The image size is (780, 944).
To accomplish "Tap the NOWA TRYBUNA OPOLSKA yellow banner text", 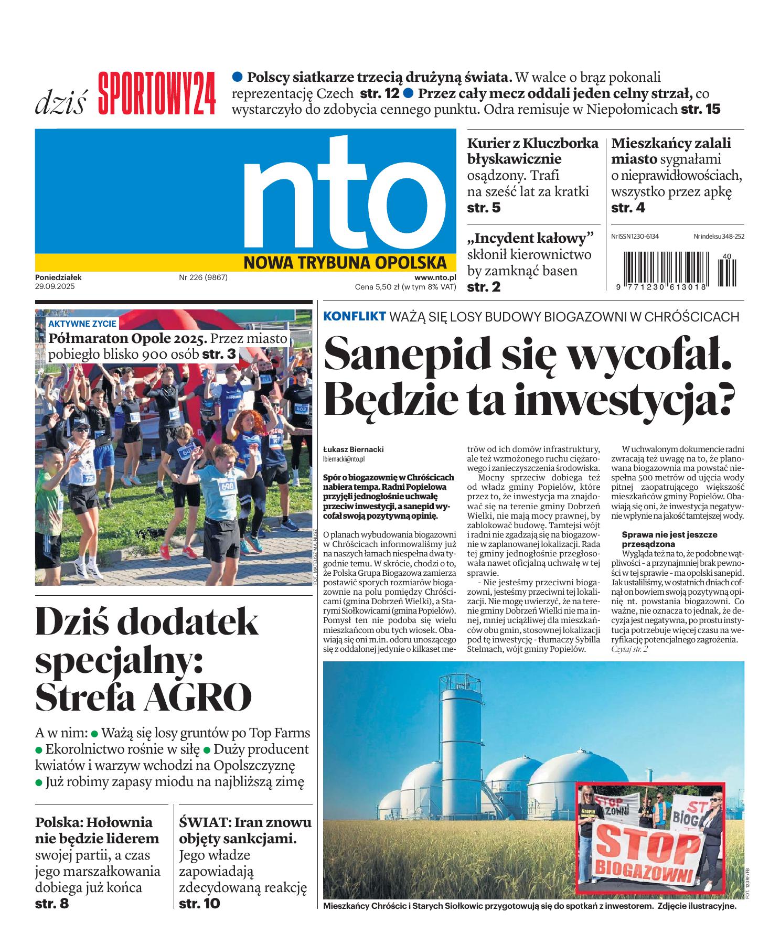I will [345, 262].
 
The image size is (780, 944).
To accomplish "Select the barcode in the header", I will [677, 269].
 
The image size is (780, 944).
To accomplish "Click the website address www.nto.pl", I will [435, 277].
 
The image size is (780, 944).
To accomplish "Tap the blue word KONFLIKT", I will [355, 317].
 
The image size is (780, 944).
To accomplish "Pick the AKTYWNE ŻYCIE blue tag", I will [82, 324].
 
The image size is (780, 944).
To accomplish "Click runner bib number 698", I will [227, 486].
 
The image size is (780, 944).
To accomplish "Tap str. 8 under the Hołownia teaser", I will [51, 903].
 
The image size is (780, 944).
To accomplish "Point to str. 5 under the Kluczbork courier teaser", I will [484, 208].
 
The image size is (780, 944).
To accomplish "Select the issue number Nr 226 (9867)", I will [203, 277].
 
